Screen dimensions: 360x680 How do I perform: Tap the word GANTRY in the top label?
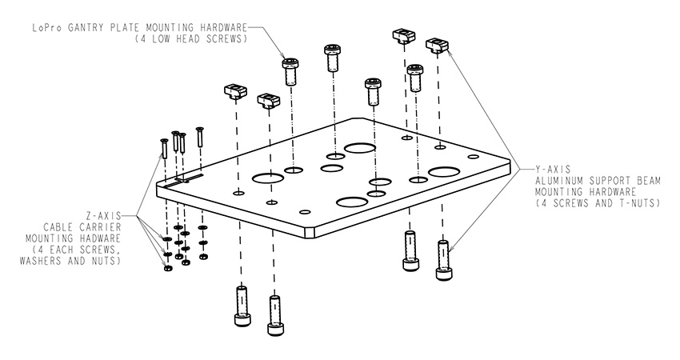pos(89,26)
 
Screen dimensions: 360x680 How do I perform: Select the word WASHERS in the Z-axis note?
pos(50,261)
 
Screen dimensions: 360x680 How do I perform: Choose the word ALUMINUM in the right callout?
pos(563,181)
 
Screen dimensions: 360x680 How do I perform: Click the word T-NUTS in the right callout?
pos(637,203)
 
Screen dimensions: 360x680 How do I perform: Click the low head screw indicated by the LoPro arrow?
pos(291,70)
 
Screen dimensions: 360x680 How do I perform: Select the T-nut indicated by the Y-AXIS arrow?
pos(436,45)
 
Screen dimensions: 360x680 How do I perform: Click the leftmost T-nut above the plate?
pos(234,90)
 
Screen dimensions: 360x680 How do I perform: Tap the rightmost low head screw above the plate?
pos(414,78)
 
